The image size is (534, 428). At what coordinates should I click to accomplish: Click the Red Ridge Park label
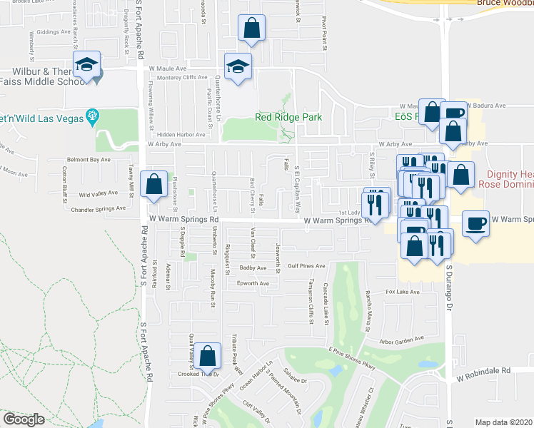[x=288, y=118]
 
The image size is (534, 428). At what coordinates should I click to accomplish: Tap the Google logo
[x=24, y=419]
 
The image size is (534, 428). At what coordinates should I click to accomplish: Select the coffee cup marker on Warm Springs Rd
[x=476, y=223]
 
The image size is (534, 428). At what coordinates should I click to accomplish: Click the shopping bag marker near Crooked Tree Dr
[x=207, y=355]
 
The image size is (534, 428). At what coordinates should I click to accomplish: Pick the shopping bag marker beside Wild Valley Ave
[x=154, y=184]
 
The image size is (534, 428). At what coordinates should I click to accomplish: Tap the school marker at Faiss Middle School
[x=86, y=65]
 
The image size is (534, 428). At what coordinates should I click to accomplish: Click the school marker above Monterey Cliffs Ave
[x=238, y=66]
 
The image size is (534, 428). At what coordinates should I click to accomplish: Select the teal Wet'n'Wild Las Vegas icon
[x=91, y=116]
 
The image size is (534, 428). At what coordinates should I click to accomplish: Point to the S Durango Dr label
[x=450, y=279]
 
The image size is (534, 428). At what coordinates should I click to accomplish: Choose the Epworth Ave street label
[x=253, y=283]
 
